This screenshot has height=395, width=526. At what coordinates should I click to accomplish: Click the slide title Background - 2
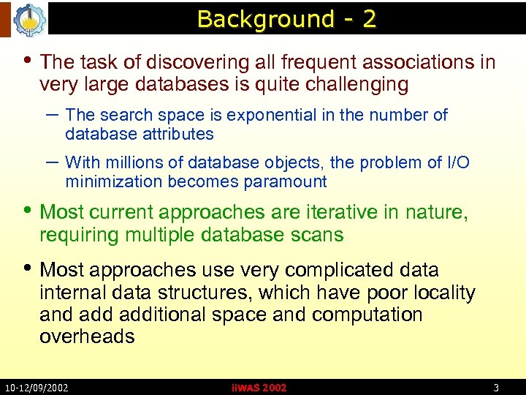point(286,19)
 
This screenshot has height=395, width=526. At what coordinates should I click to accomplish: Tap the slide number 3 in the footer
point(496,387)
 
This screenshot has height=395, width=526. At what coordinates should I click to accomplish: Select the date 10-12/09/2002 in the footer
point(37,387)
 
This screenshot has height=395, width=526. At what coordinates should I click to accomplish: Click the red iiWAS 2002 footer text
point(259,388)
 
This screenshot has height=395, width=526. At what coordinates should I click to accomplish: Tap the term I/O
point(457,162)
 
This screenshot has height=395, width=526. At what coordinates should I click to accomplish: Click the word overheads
point(88,336)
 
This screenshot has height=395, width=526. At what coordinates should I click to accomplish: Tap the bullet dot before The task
point(28,60)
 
